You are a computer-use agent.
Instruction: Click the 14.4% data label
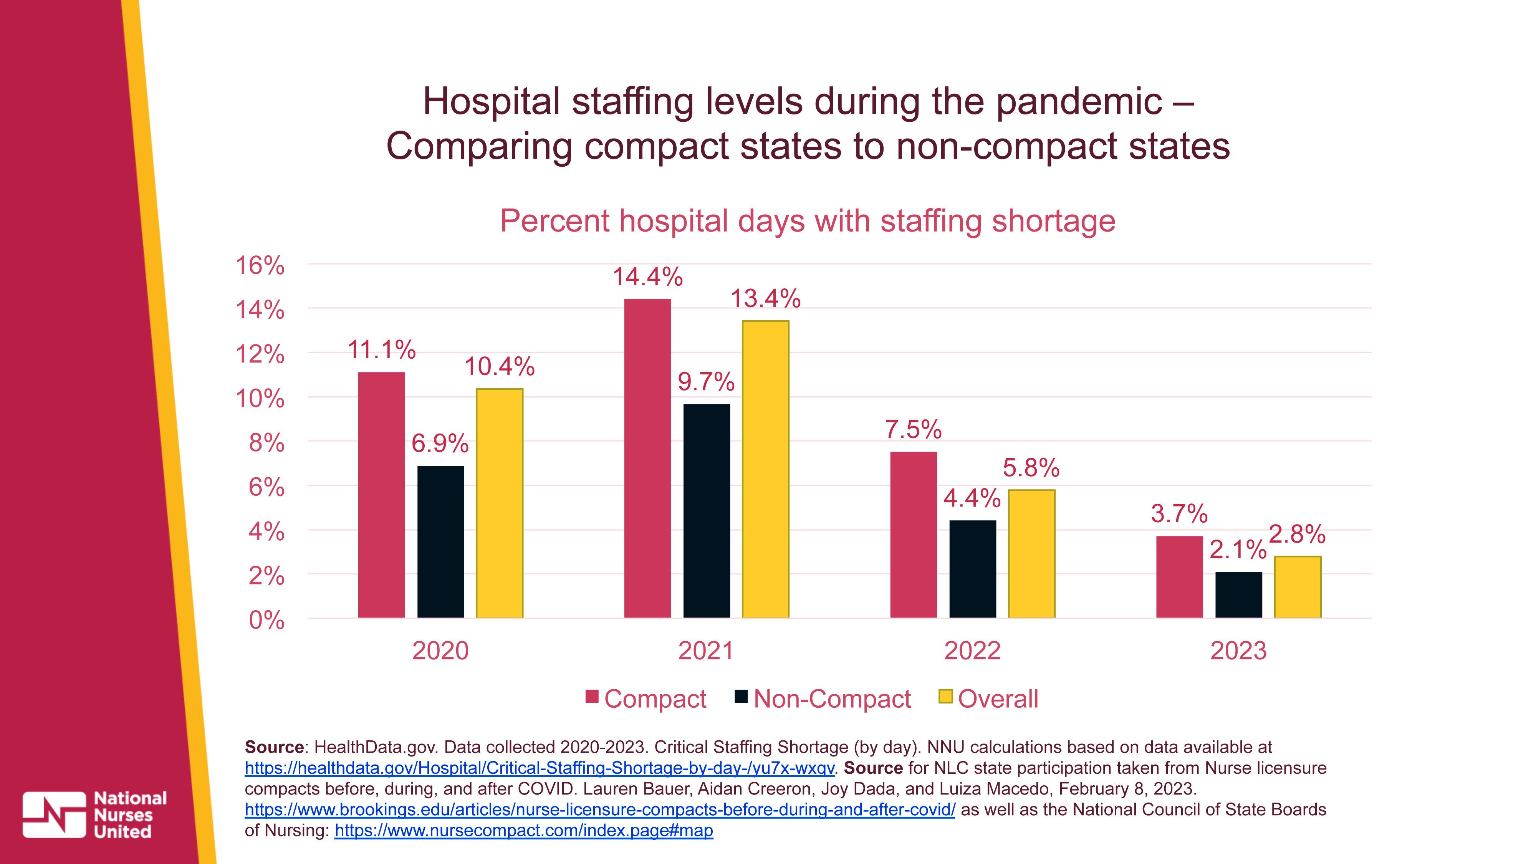click(647, 276)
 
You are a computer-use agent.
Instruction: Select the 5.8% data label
click(1031, 467)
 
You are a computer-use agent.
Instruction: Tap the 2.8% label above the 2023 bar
click(1297, 534)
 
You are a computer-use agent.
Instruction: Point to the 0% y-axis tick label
click(266, 620)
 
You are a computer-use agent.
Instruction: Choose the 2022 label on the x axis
click(972, 650)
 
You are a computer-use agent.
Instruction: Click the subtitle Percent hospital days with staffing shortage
click(807, 221)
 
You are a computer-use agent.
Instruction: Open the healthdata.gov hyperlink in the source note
click(539, 768)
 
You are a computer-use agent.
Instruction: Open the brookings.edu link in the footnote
click(600, 810)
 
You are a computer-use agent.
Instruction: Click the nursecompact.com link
click(523, 831)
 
